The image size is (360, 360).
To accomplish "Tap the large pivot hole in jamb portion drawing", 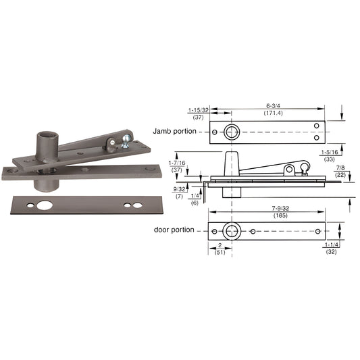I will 232,132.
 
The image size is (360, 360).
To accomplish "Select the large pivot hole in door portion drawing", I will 232,231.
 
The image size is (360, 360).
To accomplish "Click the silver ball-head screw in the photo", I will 124,140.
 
